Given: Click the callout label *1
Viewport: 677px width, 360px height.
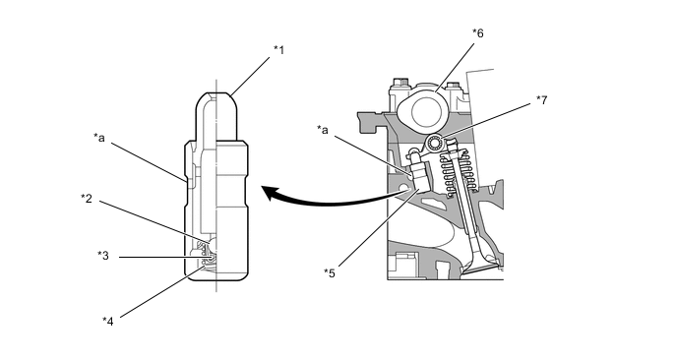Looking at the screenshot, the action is coord(278,50).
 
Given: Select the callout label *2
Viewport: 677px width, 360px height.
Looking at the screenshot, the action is coord(87,198).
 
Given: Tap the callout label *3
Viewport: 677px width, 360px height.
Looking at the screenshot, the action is coord(102,256).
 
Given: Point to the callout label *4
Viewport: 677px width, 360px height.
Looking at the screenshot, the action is coord(108,322).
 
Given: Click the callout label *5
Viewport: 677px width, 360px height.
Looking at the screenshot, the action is coord(330,273).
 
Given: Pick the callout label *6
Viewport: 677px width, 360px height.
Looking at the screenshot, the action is coord(477,32).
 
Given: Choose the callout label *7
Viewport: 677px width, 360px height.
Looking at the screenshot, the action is coord(541,100).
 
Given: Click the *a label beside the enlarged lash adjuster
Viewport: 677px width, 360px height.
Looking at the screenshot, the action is coord(98,138).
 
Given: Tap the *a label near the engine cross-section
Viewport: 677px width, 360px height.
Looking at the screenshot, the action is coord(322,130).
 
